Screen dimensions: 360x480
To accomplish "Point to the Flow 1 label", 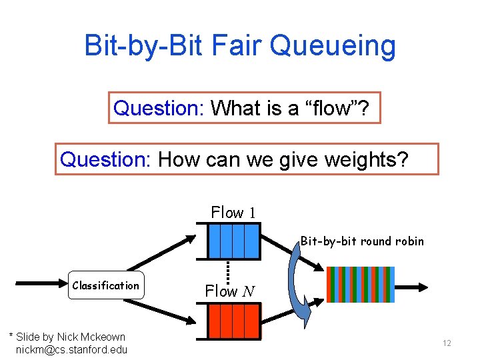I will click(x=233, y=213).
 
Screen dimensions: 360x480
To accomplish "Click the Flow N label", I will click(x=229, y=291).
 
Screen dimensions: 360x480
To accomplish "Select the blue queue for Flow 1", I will click(x=233, y=241).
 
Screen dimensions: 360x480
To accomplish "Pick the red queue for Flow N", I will click(x=233, y=321).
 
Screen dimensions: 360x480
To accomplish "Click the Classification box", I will click(x=105, y=285).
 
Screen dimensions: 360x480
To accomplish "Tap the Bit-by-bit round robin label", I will click(x=361, y=241).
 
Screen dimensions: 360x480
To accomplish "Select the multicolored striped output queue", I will click(x=360, y=285).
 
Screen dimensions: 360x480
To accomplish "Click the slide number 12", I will click(x=447, y=343).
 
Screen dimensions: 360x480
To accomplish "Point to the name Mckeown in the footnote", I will click(x=102, y=337).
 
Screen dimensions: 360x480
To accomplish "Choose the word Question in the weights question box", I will click(x=105, y=159).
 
